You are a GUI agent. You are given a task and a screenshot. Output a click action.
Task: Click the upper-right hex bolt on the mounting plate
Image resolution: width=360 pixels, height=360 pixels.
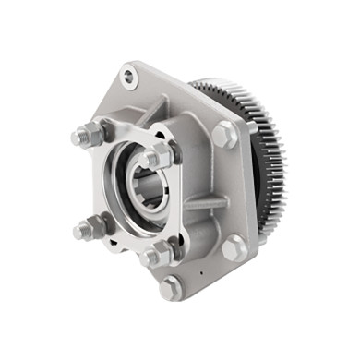point(224,136)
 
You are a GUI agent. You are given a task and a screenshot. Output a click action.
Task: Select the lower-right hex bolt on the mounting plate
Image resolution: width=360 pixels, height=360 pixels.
point(234,246)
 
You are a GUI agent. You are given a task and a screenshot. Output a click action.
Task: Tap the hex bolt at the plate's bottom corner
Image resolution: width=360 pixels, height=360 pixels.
point(171,287)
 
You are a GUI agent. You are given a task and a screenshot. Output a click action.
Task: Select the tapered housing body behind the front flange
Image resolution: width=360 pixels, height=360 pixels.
point(194,166)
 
